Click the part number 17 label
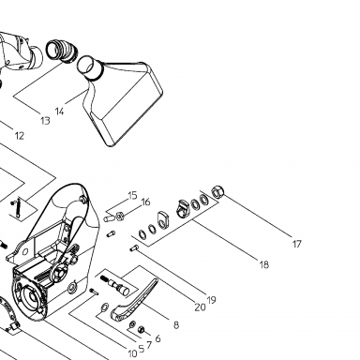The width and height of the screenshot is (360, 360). [297, 244]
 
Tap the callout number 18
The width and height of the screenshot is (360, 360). [264, 264]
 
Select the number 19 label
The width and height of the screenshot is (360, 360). [212, 300]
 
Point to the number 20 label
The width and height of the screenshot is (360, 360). [200, 307]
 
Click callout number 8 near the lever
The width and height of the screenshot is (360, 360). [176, 325]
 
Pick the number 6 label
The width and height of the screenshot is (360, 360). [157, 338]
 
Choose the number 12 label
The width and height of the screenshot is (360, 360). [20, 136]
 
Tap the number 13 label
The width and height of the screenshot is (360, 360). [45, 121]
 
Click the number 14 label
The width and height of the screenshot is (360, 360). [59, 112]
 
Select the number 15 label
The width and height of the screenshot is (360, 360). [132, 196]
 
